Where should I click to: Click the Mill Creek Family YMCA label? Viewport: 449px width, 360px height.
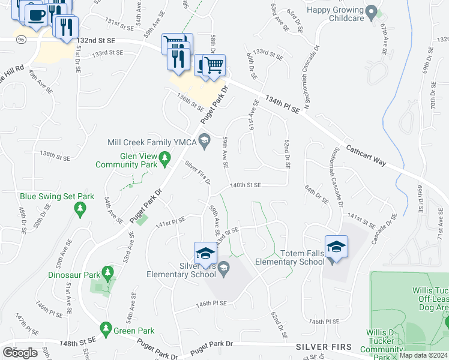[x=152, y=142]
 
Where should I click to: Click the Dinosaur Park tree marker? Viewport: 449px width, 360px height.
[x=108, y=274]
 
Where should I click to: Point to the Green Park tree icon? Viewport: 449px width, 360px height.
[x=106, y=329]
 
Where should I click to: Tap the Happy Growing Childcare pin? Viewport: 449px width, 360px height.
[x=372, y=11]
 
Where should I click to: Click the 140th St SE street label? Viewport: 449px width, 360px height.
[x=246, y=186]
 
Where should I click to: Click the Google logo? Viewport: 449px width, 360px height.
[x=20, y=353]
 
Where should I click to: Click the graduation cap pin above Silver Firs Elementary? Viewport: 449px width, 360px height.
[x=205, y=253]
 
